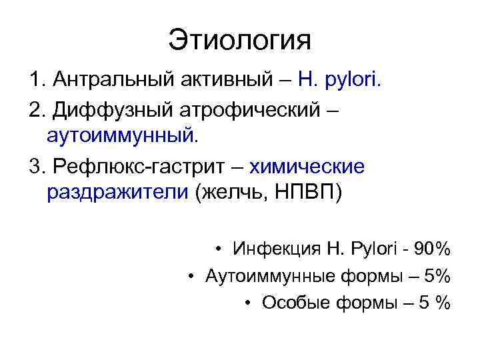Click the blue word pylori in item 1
pyautogui.click(x=353, y=81)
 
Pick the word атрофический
pyautogui.click(x=254, y=109)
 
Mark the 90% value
pyautogui.click(x=433, y=250)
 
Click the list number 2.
pyautogui.click(x=35, y=109)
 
